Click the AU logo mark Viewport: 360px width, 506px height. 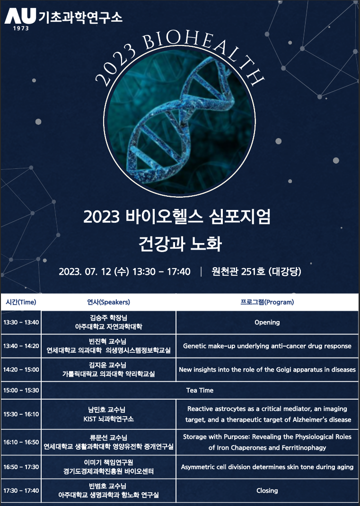[20, 16]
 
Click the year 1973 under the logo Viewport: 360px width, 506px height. [21, 28]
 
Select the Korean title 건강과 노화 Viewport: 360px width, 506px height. [180, 244]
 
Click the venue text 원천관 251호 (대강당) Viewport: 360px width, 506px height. [256, 271]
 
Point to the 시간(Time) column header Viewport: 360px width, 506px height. [21, 302]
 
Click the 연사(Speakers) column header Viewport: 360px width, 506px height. [108, 302]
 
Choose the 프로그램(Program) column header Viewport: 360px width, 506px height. [267, 302]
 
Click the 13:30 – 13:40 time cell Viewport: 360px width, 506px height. [21, 323]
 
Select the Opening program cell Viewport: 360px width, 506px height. [267, 323]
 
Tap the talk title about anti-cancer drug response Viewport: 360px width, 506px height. [267, 346]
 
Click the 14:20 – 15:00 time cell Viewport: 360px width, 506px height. [21, 369]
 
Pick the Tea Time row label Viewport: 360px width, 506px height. [200, 390]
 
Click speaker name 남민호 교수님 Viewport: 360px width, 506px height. [106, 410]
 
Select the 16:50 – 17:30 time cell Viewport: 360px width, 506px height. [21, 467]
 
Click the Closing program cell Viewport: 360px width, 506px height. [267, 490]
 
